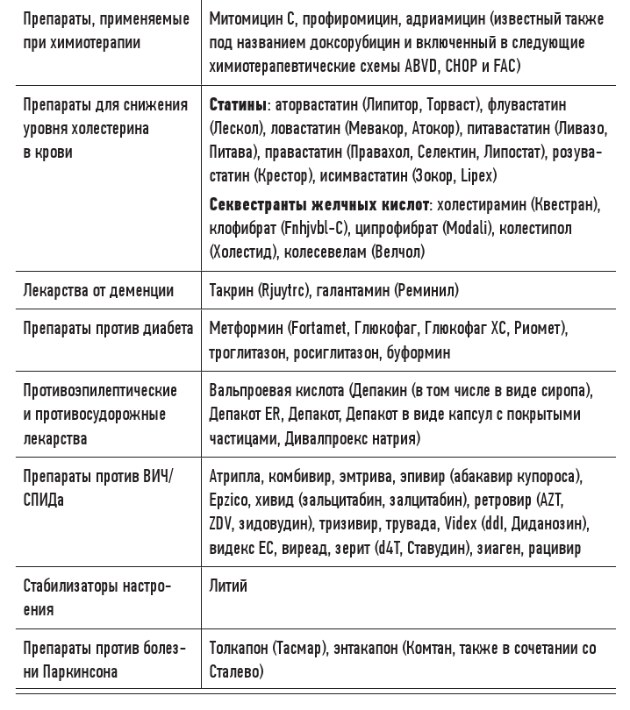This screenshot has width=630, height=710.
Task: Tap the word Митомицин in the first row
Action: [245, 19]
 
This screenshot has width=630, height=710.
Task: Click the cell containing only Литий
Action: [229, 586]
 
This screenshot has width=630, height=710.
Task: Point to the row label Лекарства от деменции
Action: [98, 290]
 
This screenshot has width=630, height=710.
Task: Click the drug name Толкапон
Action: [240, 650]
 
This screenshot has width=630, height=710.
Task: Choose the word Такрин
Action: [232, 290]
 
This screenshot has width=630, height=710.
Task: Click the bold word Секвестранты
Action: [254, 205]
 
